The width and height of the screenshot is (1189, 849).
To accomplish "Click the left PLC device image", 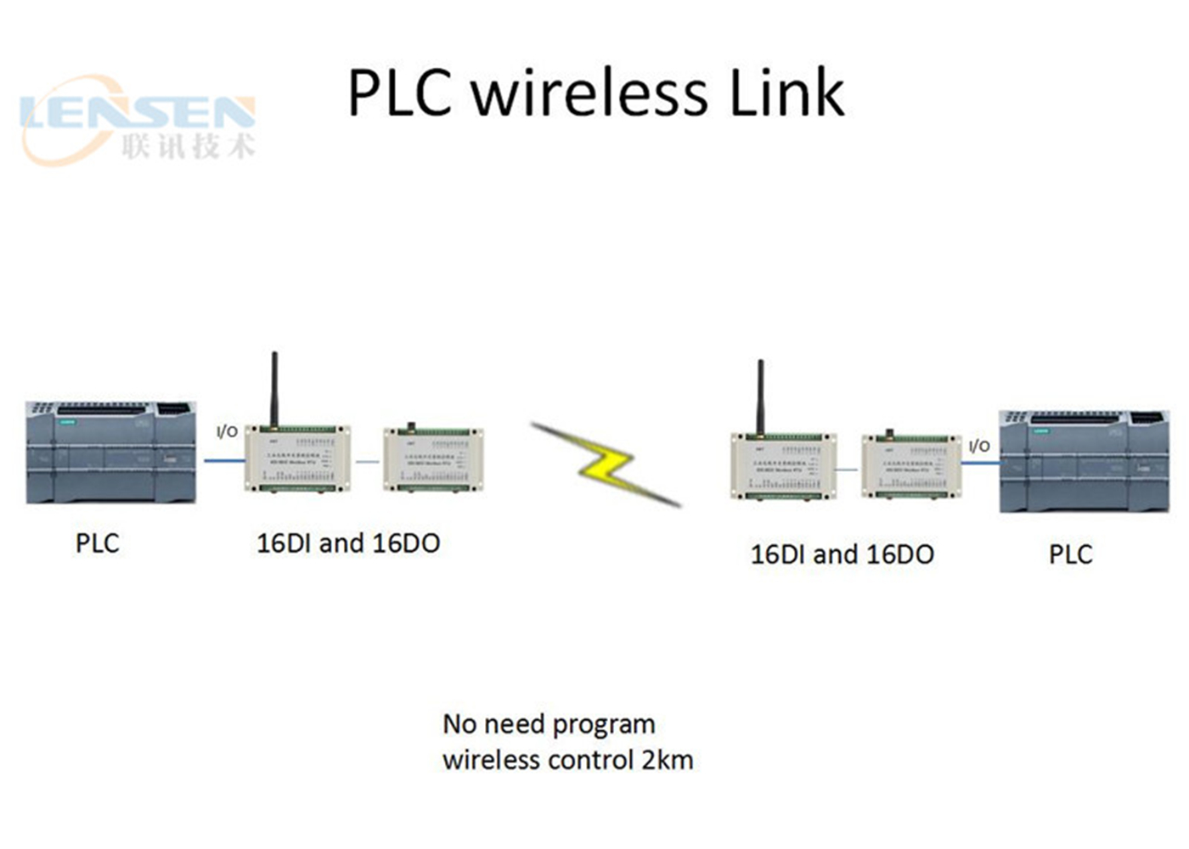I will (x=111, y=453).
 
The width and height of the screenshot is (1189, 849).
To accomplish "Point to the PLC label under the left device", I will (x=97, y=543).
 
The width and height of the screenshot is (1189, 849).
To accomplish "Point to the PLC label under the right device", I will (x=1070, y=554).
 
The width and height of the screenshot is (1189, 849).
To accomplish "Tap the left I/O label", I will (x=227, y=431).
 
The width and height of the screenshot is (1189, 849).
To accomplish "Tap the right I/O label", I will (x=979, y=446).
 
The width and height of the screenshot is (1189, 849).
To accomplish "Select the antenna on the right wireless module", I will (x=760, y=396).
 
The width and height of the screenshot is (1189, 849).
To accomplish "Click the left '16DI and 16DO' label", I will (x=348, y=543).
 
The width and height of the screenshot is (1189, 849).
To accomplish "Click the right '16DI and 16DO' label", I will (x=842, y=554).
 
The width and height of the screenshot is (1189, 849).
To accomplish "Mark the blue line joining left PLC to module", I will (x=224, y=461).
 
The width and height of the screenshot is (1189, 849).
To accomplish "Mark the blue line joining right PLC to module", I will (x=980, y=464).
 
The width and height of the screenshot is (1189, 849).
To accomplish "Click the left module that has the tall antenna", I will (x=298, y=458).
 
